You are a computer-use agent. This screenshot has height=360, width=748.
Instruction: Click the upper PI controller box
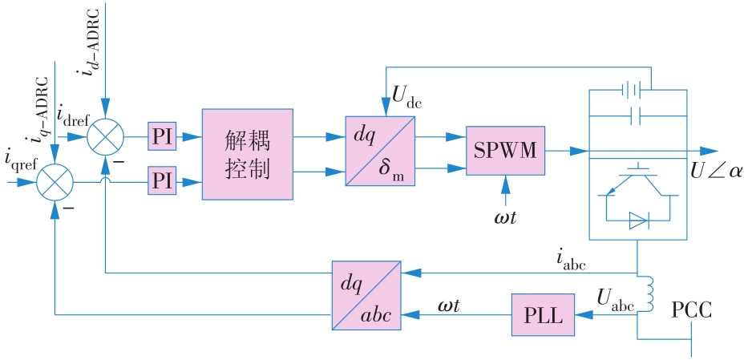[x=163, y=136]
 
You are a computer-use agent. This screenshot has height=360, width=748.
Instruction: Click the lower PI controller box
[x=163, y=181]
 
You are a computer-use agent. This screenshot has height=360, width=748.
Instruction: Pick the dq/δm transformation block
[x=380, y=151]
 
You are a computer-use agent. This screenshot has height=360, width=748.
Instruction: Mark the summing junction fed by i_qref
[x=54, y=182]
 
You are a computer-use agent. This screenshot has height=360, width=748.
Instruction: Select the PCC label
[x=691, y=310]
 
